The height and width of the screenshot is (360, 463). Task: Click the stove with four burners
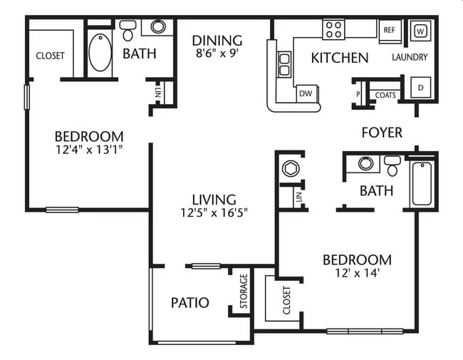click(333, 29)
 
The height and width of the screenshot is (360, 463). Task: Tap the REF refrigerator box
click(389, 31)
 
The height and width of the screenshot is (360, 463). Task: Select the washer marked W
click(420, 31)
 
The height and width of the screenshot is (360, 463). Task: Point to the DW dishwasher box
click(306, 93)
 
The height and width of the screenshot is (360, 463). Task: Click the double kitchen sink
click(284, 64)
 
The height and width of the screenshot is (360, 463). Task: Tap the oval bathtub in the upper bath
click(100, 52)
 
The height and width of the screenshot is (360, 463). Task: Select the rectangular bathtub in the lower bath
click(421, 184)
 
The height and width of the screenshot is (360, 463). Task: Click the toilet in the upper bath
click(128, 30)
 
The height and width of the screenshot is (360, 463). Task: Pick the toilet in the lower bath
click(392, 166)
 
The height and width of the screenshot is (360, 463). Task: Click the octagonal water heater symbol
click(291, 170)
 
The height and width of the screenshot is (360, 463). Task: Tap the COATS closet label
click(385, 95)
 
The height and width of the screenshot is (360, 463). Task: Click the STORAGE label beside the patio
click(244, 291)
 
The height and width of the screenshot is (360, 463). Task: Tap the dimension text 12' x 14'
click(357, 273)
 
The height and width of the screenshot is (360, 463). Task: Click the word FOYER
click(382, 133)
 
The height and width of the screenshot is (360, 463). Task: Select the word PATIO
click(190, 303)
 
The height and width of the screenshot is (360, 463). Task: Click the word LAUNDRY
click(410, 57)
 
